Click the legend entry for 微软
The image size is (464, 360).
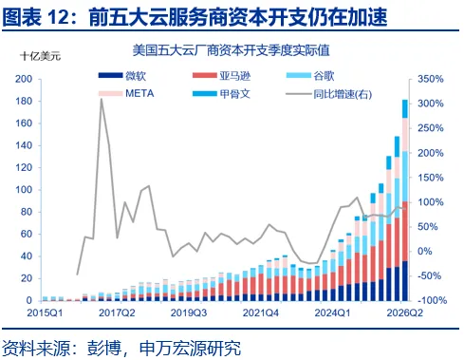(122, 76)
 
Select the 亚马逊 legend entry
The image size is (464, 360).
(221, 76)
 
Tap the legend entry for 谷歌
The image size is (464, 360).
(310, 76)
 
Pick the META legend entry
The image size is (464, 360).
(126, 93)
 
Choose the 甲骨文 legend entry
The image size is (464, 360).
(221, 94)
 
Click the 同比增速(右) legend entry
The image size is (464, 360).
(329, 94)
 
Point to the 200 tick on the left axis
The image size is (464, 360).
(24, 79)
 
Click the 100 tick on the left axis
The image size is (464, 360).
(24, 190)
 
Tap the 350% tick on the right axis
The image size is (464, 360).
(431, 79)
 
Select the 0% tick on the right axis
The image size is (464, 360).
(424, 252)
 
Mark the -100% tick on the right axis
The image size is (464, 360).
(431, 300)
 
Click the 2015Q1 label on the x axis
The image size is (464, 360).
(45, 313)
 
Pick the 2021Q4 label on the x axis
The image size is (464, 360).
(261, 313)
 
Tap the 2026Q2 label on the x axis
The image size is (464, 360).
(404, 313)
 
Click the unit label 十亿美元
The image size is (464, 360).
(40, 56)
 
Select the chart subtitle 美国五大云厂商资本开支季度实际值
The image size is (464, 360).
(232, 50)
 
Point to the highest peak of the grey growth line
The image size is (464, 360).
(102, 99)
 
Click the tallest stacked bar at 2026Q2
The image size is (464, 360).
(405, 200)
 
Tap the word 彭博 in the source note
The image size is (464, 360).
(103, 348)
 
